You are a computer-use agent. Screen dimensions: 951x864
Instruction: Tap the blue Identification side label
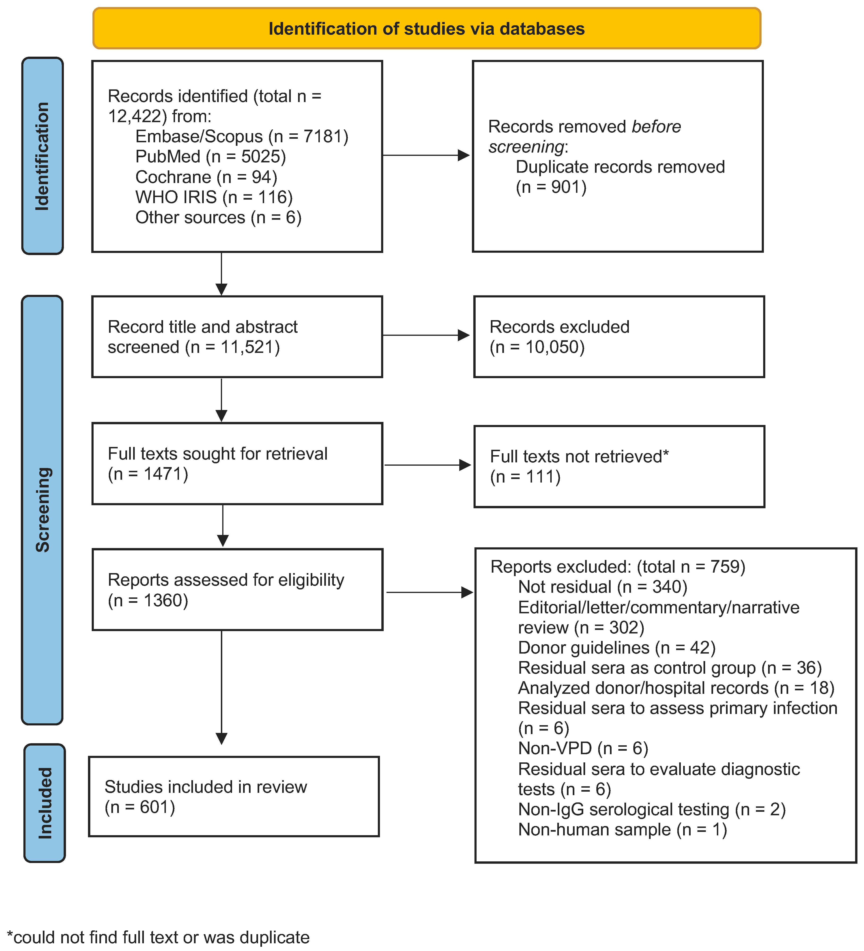(42, 156)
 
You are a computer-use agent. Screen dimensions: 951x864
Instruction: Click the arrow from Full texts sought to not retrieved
(427, 465)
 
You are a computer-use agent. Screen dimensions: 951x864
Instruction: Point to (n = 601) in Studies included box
(140, 807)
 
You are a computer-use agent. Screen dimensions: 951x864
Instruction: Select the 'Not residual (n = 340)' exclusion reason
(602, 587)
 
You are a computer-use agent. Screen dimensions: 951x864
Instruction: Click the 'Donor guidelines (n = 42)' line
(616, 648)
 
